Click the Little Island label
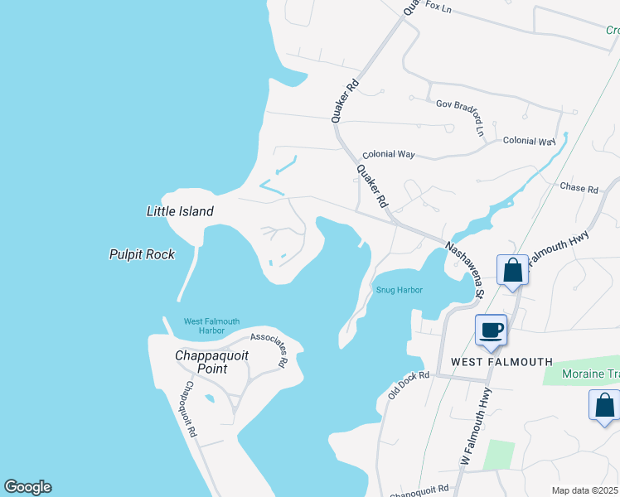180,211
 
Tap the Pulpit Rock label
142,254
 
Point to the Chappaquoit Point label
212,362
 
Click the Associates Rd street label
269,349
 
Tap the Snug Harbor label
399,290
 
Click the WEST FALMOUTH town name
501,362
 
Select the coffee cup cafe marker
491,330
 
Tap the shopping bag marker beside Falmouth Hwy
513,270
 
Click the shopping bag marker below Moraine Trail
604,406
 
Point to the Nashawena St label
463,266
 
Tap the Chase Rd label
579,189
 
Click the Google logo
27,487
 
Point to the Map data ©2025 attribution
585,490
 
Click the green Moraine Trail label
590,374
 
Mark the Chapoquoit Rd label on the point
191,408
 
